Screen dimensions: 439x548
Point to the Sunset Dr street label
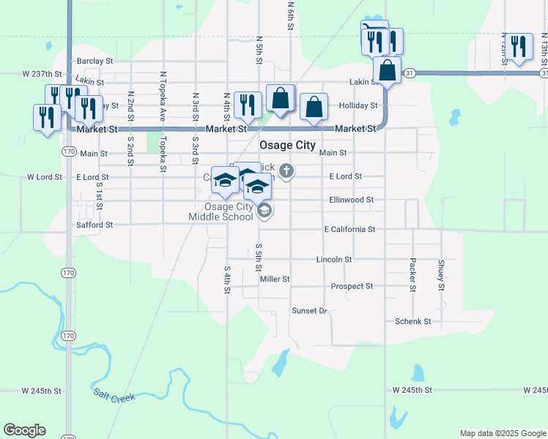(x=309, y=311)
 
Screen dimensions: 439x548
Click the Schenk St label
(x=412, y=321)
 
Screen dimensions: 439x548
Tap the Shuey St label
(x=441, y=274)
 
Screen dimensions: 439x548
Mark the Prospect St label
(x=352, y=286)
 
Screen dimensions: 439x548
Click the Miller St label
(x=275, y=279)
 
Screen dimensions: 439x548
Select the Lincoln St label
(x=334, y=260)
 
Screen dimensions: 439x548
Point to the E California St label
(x=349, y=229)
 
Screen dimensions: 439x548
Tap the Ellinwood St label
(x=352, y=199)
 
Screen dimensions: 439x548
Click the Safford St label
(x=95, y=225)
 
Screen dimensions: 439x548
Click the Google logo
(x=24, y=430)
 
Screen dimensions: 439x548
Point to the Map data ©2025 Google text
(x=502, y=433)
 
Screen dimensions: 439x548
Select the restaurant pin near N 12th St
(x=519, y=46)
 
